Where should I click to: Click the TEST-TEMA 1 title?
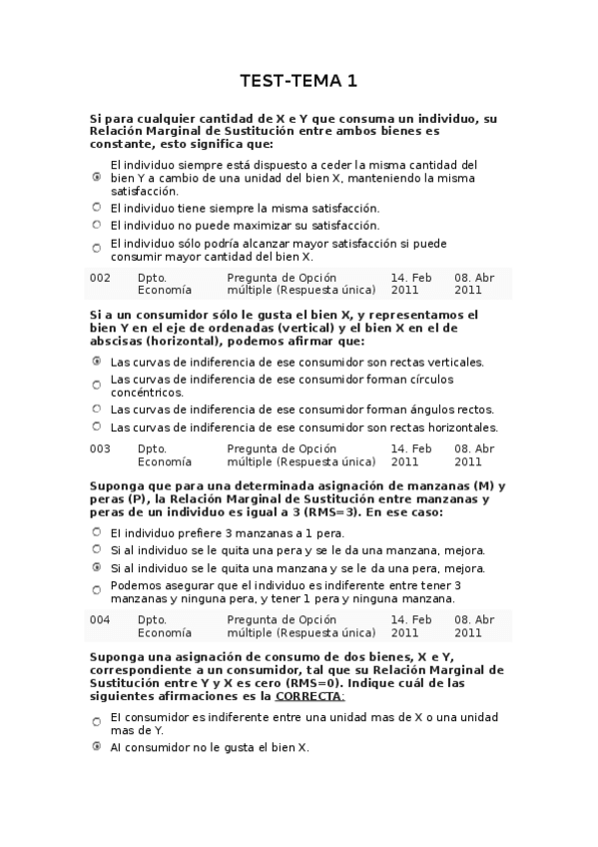point(299,80)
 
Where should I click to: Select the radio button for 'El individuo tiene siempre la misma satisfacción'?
point(97,208)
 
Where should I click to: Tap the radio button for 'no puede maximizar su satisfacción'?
point(97,226)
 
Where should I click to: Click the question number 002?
point(100,278)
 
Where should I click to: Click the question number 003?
point(100,448)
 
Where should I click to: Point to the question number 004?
point(100,619)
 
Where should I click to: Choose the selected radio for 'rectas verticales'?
point(97,362)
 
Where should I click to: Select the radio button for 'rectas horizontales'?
point(97,426)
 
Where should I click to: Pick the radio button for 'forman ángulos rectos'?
point(97,409)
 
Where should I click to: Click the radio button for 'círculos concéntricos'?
point(97,385)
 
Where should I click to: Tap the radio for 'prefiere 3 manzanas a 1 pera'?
point(97,532)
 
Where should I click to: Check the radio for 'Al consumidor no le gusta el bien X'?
point(97,746)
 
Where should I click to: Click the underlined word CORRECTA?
point(311,696)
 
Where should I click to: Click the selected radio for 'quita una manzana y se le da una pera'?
point(97,567)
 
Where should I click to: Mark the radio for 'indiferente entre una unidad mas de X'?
point(97,722)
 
